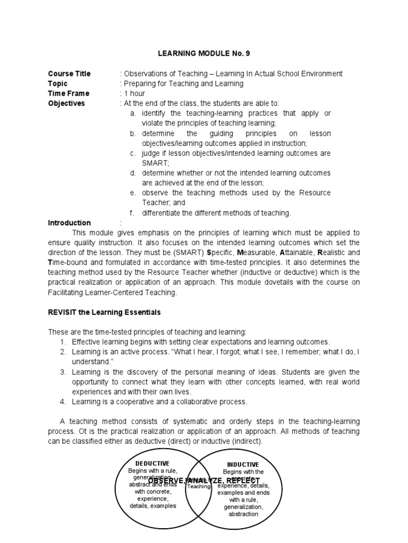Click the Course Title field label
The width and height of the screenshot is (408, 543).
[69, 74]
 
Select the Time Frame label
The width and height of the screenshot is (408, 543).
[69, 93]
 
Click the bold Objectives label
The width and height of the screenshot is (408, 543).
[66, 103]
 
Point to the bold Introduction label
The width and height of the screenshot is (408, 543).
[69, 223]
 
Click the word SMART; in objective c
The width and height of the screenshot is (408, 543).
[154, 163]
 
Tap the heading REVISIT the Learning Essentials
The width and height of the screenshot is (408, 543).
[104, 312]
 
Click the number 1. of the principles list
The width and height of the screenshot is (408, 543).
[63, 342]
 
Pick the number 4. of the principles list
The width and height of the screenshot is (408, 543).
[63, 401]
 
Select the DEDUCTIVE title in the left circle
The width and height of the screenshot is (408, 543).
[152, 463]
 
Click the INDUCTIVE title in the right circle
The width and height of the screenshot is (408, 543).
[243, 465]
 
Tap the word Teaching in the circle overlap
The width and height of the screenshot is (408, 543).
[200, 486]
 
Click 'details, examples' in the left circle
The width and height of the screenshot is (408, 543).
[152, 506]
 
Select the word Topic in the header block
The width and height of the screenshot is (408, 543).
[58, 84]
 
